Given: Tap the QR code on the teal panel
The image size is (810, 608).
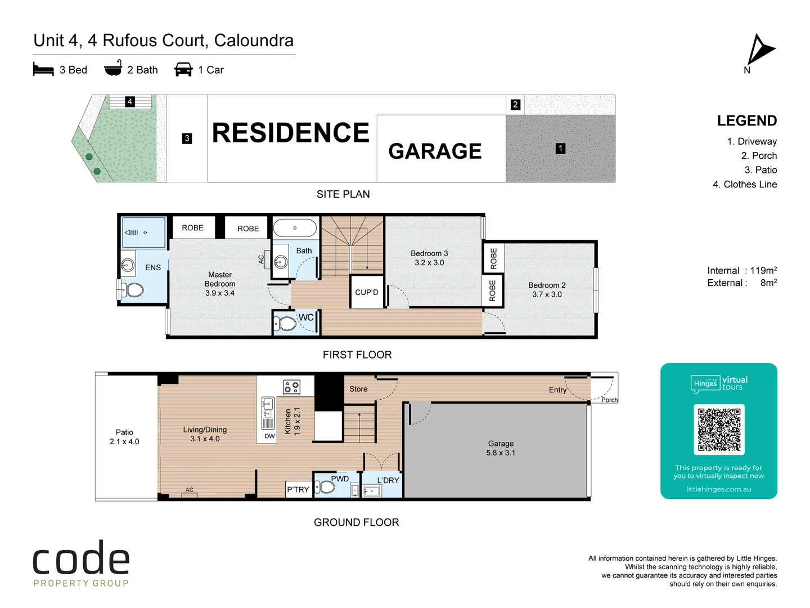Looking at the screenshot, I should tap(719, 430).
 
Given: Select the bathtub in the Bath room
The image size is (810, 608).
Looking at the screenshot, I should tap(295, 228).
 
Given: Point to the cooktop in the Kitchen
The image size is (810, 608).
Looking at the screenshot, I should tap(291, 387).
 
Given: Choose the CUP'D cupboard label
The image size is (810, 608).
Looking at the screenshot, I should tap(367, 292).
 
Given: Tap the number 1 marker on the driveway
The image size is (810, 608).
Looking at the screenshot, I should tap(560, 149).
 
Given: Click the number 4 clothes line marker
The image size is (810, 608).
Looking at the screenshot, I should tap(130, 102).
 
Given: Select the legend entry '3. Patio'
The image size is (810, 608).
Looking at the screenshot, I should tap(760, 170).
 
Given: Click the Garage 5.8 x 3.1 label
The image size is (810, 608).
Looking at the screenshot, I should tap(501, 448).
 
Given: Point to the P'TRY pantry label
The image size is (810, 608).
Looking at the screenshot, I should tap(298, 489).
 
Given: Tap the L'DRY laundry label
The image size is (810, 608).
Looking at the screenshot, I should tap(388, 480).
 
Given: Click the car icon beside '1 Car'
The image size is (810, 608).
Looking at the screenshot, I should tap(183, 69).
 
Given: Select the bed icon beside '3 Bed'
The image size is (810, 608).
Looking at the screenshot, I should tap(43, 70).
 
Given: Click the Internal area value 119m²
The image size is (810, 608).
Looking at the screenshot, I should tap(763, 271).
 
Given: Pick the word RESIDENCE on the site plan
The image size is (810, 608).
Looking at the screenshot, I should tap(290, 133).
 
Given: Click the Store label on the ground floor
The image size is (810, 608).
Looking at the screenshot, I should tap(358, 389).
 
